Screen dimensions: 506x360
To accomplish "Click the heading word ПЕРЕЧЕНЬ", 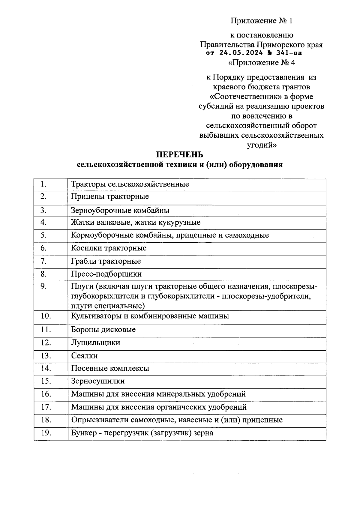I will pyautogui.click(x=180, y=155).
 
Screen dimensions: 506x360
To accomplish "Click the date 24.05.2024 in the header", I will pyautogui.click(x=241, y=53).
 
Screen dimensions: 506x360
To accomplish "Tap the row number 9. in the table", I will pyautogui.click(x=44, y=286).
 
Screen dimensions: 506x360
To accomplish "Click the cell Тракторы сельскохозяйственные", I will pyautogui.click(x=130, y=184).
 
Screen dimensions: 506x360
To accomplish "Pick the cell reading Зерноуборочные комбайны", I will pyautogui.click(x=120, y=211).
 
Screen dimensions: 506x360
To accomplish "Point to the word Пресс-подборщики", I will pyautogui.click(x=106, y=274).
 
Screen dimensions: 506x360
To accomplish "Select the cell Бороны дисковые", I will pyautogui.click(x=103, y=330).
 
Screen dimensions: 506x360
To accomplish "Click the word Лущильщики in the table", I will pyautogui.click(x=95, y=343).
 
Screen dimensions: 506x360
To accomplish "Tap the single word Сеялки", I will pyautogui.click(x=84, y=356).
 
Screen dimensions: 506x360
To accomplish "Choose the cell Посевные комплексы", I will pyautogui.click(x=110, y=368).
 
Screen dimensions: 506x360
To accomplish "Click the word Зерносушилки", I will pyautogui.click(x=98, y=381).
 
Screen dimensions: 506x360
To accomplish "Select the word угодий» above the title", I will pyautogui.click(x=262, y=145).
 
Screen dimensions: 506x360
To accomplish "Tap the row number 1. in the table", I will pyautogui.click(x=44, y=184).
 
